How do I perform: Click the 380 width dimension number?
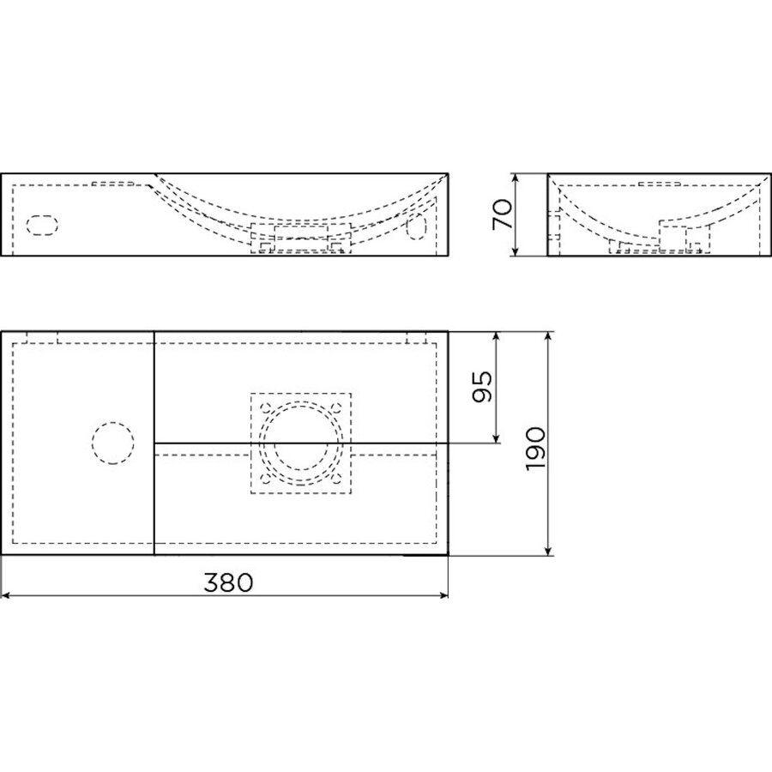tap(228, 583)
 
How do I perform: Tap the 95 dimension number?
tap(483, 388)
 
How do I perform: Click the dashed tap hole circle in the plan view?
tap(112, 443)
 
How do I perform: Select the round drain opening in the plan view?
tap(300, 443)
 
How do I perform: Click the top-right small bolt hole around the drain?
tap(337, 408)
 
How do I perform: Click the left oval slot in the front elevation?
tap(41, 225)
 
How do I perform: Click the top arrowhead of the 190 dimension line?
tap(549, 335)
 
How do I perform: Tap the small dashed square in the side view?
tap(674, 235)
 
